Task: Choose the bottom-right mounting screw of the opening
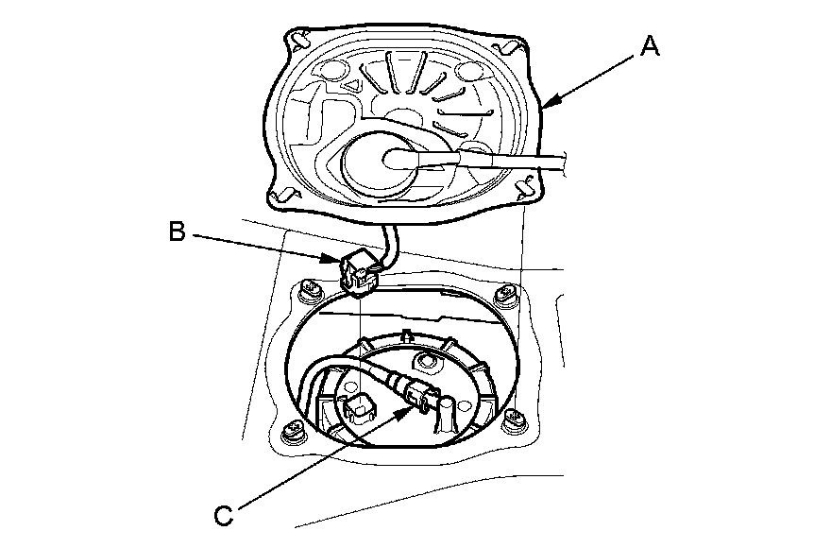[515, 421]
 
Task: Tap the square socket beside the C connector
[358, 407]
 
